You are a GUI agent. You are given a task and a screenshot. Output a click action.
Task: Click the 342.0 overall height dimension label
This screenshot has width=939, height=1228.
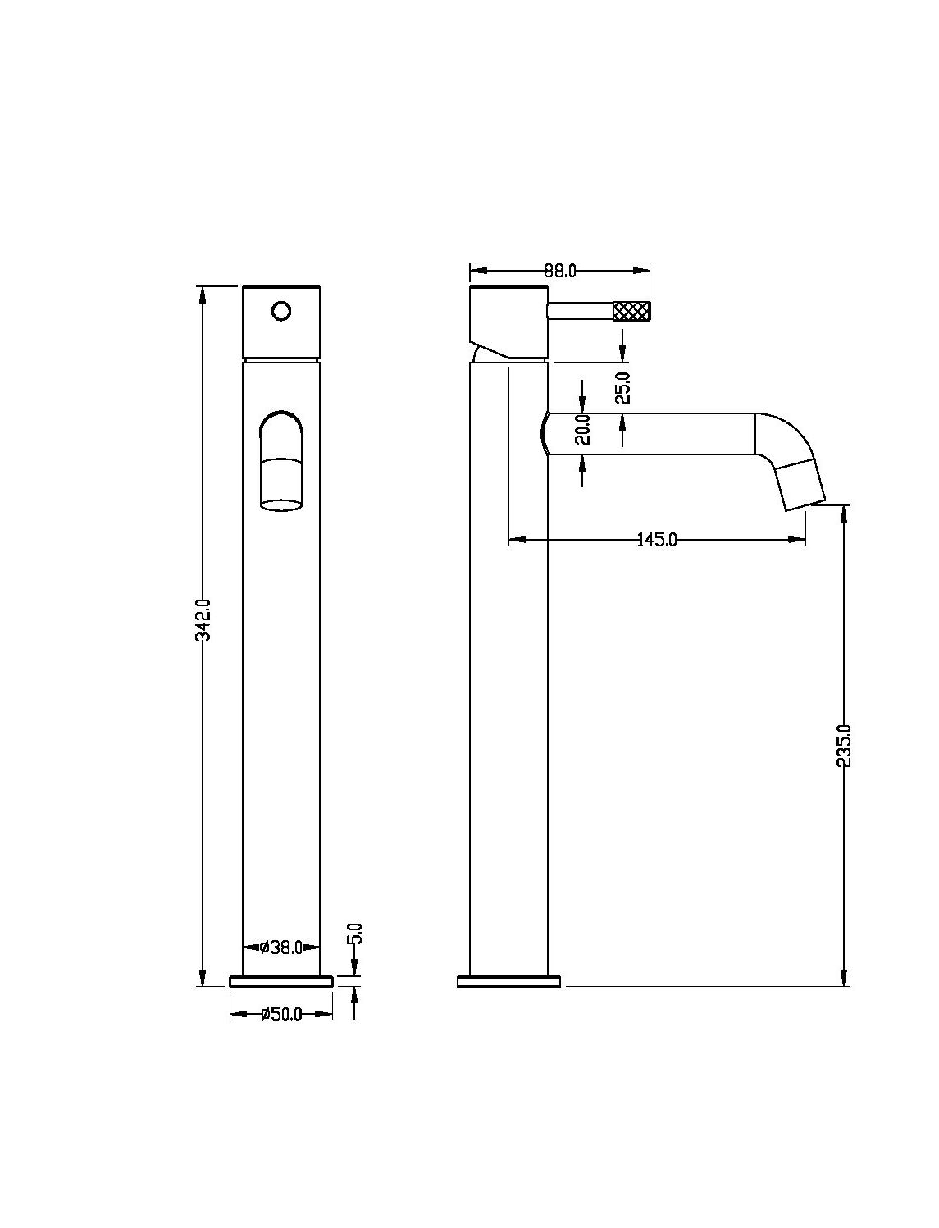pos(204,619)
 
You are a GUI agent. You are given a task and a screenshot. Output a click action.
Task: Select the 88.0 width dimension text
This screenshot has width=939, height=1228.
pos(559,271)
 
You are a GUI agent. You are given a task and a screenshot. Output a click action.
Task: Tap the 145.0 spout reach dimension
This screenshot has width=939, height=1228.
pos(657,540)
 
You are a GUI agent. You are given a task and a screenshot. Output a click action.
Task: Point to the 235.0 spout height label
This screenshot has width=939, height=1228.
pos(844,746)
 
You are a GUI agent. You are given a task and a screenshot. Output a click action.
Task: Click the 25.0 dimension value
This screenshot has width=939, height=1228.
pos(623,388)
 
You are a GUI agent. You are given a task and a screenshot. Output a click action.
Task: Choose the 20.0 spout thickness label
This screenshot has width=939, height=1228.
pos(583,430)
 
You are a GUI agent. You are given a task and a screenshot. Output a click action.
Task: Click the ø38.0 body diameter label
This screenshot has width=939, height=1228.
pos(282,947)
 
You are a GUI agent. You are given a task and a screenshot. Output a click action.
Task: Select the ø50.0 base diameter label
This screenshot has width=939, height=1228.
pos(282,1014)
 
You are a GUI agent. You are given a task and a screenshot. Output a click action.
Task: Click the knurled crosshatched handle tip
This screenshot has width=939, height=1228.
pos(632,311)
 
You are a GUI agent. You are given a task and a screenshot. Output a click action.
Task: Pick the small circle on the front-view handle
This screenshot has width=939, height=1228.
pos(281,311)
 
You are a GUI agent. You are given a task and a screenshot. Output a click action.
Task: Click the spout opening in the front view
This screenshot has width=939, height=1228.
pos(281,505)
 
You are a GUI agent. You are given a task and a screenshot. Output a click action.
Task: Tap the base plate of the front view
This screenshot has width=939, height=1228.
pos(281,981)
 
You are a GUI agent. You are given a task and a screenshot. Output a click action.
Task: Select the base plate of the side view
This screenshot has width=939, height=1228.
pos(508,981)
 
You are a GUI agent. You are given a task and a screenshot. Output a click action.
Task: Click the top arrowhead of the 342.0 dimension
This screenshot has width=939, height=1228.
pos(203,294)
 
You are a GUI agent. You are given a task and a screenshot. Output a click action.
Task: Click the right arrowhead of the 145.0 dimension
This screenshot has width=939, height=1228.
pos(797,540)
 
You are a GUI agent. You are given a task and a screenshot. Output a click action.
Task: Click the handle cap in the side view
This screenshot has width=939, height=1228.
pos(508,322)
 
